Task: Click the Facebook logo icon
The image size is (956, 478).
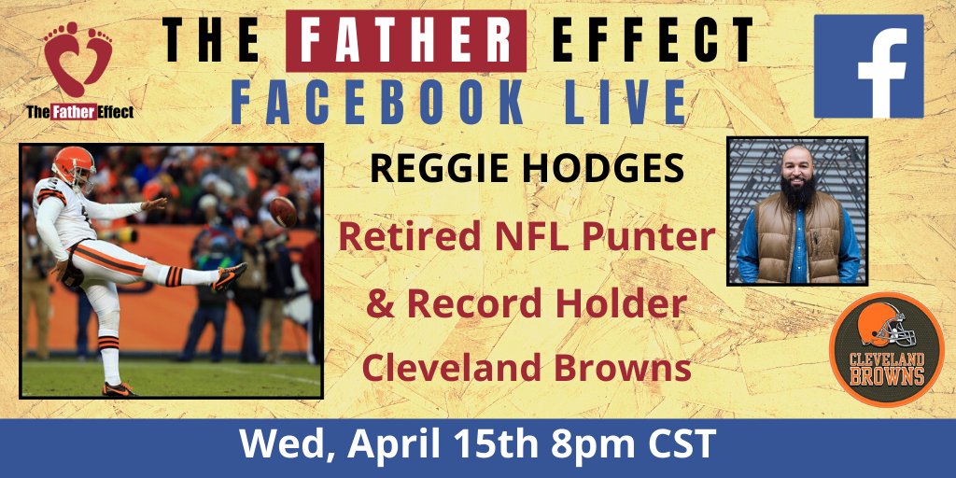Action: (868, 66)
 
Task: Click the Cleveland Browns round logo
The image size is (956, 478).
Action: (887, 349)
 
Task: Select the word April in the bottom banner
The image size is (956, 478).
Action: (395, 446)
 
